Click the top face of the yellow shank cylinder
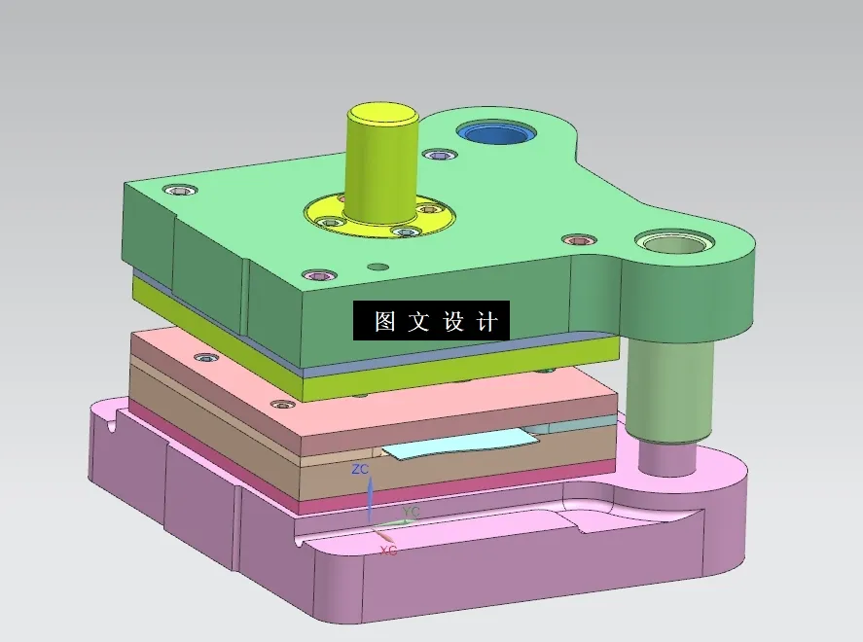(383, 112)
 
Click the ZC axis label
(360, 469)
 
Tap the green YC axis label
(412, 511)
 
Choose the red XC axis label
(387, 551)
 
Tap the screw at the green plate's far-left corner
(180, 191)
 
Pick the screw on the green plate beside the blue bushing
(440, 155)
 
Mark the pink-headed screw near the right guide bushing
(579, 239)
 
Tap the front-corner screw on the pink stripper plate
(282, 404)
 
